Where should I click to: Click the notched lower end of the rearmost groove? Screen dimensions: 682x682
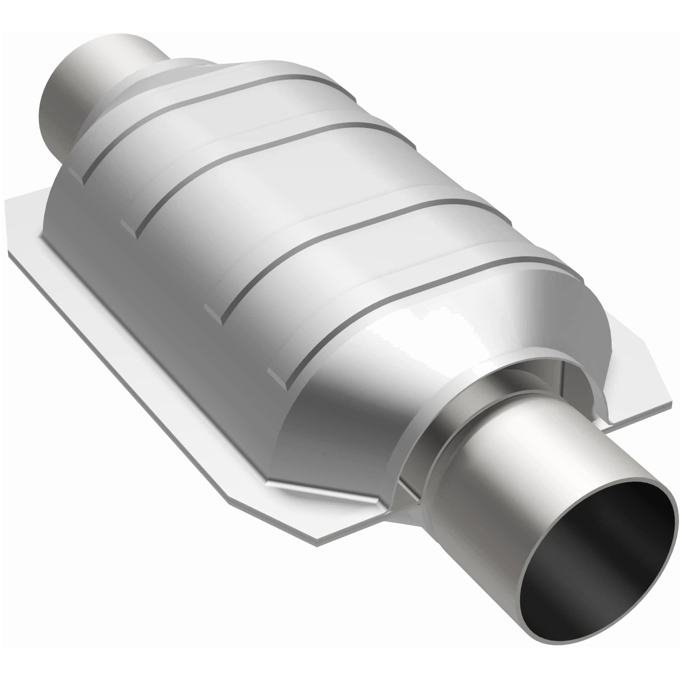pos(76,175)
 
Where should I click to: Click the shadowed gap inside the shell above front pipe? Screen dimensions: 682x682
pos(551,381)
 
